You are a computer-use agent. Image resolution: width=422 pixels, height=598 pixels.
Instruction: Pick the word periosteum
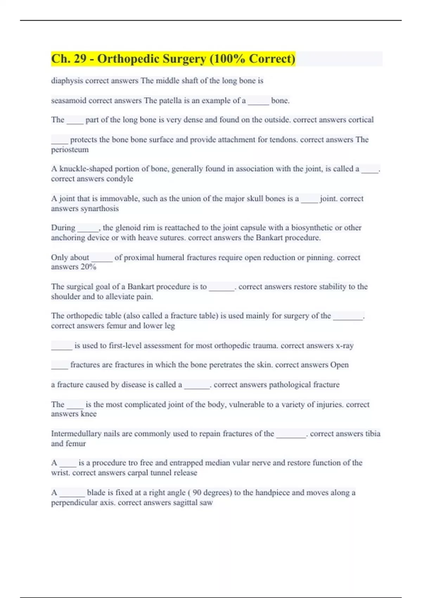[70, 149]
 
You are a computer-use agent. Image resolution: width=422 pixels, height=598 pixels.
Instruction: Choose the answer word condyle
[120, 179]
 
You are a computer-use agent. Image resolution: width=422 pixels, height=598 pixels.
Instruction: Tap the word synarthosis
[100, 209]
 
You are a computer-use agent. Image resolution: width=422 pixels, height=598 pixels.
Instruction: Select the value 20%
[88, 267]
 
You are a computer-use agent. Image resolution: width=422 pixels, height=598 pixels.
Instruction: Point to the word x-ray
[345, 345]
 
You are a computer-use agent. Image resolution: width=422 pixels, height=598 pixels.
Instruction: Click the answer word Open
[339, 365]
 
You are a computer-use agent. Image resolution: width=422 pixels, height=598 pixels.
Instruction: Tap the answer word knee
[89, 414]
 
